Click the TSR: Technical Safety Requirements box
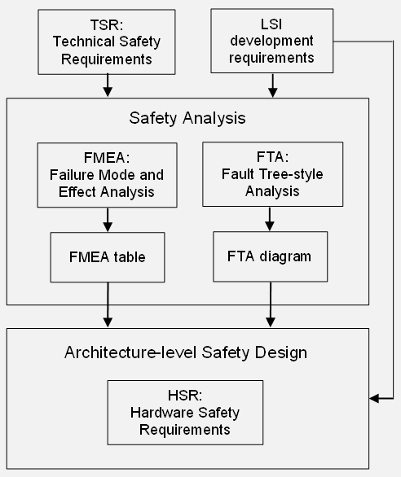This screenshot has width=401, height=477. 107,42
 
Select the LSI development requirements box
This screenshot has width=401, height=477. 271,41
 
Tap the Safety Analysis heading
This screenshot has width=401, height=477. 187,118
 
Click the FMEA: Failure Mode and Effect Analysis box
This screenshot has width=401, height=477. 108,175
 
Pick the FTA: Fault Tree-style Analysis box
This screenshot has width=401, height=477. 273,174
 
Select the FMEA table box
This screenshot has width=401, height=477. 108,257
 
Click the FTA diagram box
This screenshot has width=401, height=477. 271,256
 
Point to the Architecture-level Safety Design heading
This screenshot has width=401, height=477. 186,352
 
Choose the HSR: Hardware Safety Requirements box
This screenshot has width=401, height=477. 185,413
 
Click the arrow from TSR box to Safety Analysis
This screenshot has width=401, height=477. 108,85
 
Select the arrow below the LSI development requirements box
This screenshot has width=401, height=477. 273,85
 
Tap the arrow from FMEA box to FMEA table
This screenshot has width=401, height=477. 108,220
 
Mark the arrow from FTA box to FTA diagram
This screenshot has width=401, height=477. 270,219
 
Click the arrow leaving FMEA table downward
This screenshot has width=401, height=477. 108,304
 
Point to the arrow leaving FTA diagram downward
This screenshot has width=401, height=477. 271,304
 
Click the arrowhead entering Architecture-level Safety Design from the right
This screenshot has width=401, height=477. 374,398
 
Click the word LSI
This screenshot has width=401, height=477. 271,24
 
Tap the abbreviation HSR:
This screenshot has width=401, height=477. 185,396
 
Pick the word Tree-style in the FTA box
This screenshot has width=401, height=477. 291,174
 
